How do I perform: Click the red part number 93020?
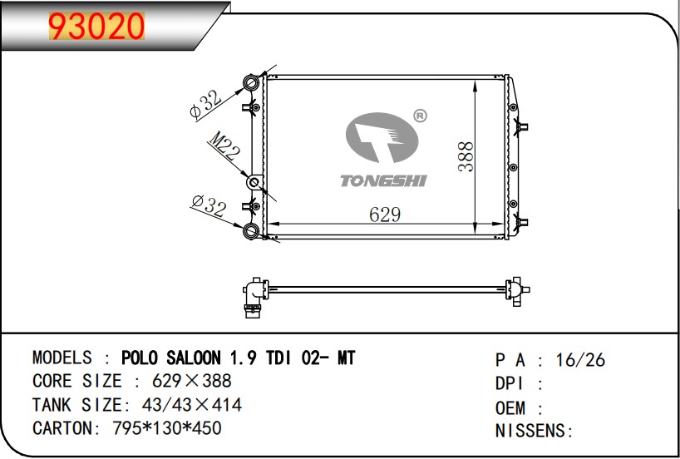96,26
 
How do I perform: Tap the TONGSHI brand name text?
383,181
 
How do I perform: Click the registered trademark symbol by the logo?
420,116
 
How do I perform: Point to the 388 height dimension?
466,156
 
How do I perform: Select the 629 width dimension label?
385,215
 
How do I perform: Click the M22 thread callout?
224,145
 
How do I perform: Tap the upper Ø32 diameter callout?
206,105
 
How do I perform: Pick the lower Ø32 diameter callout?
209,205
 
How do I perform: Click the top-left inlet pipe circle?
251,82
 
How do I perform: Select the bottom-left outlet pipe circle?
251,230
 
